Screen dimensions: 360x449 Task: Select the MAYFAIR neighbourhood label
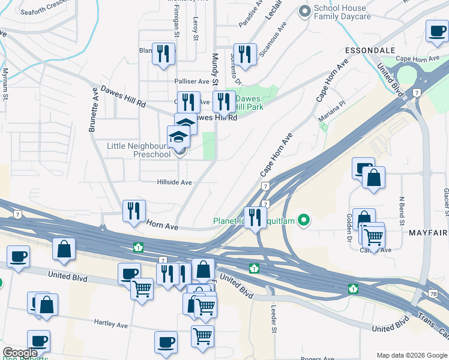click(427, 231)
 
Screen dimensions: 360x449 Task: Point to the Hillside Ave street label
click(174, 182)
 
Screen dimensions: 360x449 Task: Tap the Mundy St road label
click(214, 71)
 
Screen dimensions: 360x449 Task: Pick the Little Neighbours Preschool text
click(138, 149)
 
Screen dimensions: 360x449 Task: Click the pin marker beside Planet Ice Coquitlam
click(304, 221)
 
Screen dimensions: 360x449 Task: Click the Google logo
click(20, 353)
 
